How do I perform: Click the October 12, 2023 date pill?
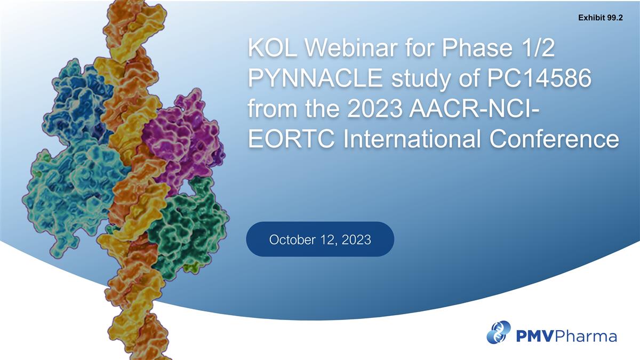click(320, 239)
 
